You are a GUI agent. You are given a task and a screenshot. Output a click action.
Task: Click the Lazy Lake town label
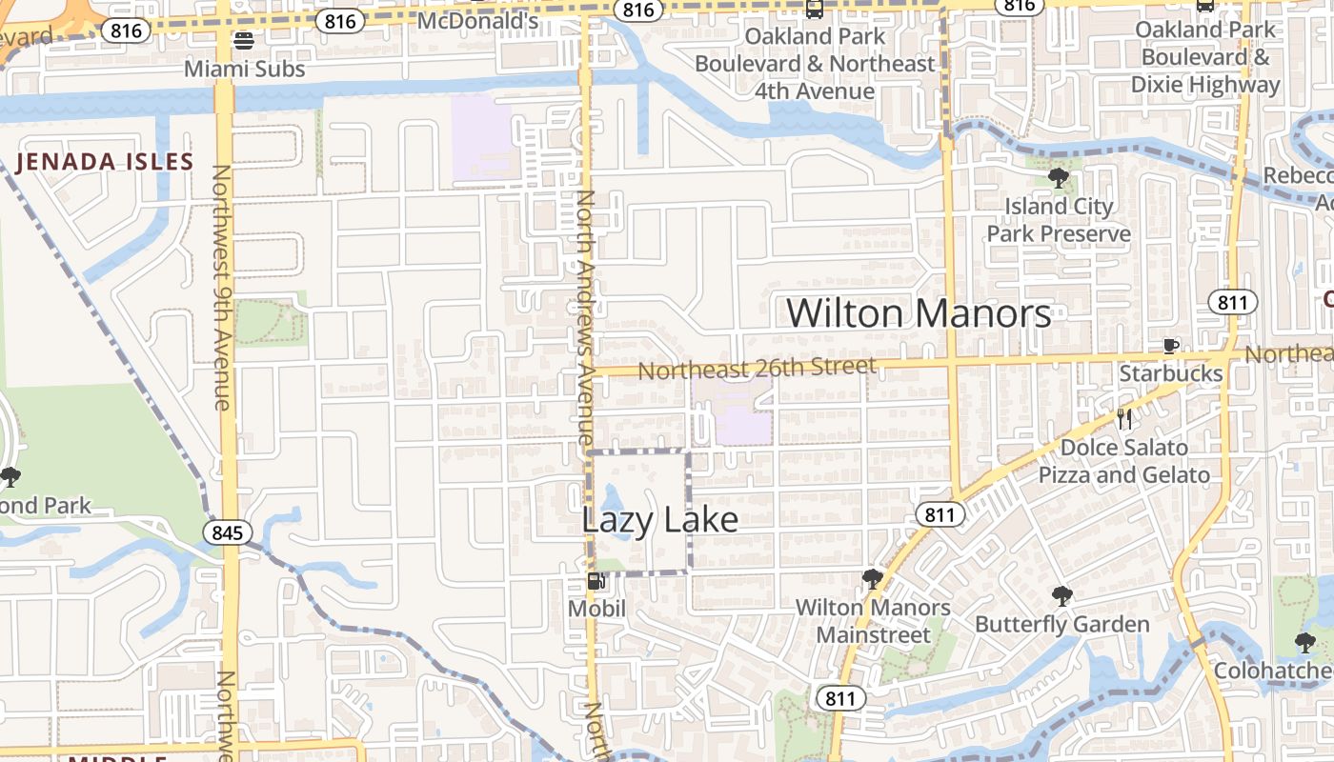pos(659,520)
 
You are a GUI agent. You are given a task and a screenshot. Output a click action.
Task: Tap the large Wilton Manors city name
pos(919,313)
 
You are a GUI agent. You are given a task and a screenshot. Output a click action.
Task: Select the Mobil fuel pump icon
pos(596,581)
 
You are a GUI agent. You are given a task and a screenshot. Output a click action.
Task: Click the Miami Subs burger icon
pos(244,41)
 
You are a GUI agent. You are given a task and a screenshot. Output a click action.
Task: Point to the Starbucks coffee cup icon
pos(1171,347)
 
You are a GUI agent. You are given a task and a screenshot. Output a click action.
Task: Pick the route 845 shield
pos(228,532)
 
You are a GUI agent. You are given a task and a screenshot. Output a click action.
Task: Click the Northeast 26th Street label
pos(757,368)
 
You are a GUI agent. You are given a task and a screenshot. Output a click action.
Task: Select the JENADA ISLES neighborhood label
pos(105,162)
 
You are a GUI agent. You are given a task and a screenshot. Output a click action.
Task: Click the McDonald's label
pos(478,20)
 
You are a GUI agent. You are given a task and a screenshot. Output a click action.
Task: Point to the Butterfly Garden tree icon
pos(1061,597)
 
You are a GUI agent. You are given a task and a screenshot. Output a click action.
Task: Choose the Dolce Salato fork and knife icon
pos(1124,419)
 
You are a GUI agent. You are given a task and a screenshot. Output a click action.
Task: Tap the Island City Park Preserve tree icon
pos(1058,177)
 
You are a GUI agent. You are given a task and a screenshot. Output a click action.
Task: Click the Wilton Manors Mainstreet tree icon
pos(872,579)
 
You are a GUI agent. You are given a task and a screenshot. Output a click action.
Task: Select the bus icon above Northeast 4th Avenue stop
pos(814,10)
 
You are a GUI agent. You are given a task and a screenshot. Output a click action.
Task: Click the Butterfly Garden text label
pos(1061,625)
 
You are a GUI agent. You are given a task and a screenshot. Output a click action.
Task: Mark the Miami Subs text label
pos(244,70)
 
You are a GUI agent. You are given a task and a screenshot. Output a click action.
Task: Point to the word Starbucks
pos(1170,373)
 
